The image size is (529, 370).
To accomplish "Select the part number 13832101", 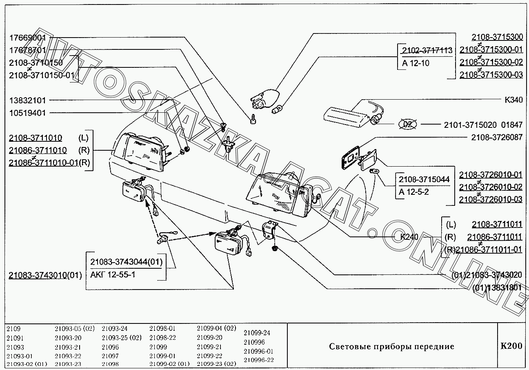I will (28, 100).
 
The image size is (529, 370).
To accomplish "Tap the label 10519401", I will (28, 113).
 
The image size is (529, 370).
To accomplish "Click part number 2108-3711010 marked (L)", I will (36, 138).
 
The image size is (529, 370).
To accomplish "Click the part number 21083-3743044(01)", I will (126, 262).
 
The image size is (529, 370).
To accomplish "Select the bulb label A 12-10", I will (416, 63).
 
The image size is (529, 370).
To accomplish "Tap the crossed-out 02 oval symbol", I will (407, 125).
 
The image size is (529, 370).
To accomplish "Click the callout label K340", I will (513, 100).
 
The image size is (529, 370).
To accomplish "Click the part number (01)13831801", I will (497, 288).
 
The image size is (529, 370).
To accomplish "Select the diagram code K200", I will (511, 346).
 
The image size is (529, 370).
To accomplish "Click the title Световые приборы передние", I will (391, 347).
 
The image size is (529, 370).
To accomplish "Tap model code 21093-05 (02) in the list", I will (74, 328).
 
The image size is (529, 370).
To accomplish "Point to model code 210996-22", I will (258, 360).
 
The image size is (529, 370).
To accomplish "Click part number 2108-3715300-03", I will (491, 75).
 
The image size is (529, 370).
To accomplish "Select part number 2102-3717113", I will (427, 51).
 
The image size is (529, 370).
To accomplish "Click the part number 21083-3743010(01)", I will (45, 275).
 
